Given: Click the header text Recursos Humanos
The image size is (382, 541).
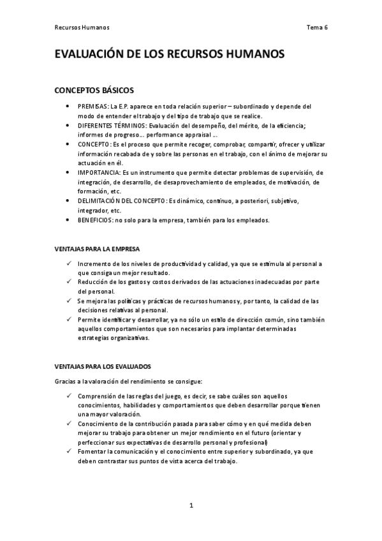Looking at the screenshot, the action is (x=82, y=27).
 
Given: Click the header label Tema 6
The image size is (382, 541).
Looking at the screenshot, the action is (x=317, y=27).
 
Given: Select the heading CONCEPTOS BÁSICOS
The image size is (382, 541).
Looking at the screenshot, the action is (x=94, y=90).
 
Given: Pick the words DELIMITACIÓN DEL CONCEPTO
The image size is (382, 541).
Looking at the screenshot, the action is (x=122, y=201).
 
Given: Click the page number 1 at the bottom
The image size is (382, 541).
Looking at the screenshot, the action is (x=191, y=506).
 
